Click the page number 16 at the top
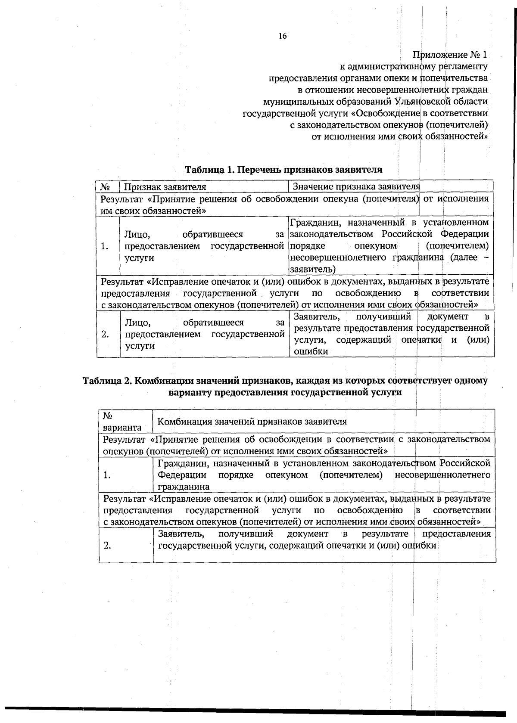click(x=282, y=36)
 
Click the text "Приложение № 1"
click(x=450, y=55)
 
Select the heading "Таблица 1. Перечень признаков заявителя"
click(x=283, y=169)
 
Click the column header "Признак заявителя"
click(x=165, y=187)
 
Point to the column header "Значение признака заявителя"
click(x=356, y=186)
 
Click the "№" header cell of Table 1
click(x=105, y=187)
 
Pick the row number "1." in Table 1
click(x=104, y=246)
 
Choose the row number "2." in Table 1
click(x=105, y=334)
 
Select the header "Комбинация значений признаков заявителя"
click(x=252, y=422)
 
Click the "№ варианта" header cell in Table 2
click(x=122, y=422)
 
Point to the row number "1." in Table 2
click(x=107, y=475)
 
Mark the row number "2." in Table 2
click(x=107, y=546)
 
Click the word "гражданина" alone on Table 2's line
click(x=184, y=487)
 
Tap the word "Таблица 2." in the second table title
click(x=106, y=381)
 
